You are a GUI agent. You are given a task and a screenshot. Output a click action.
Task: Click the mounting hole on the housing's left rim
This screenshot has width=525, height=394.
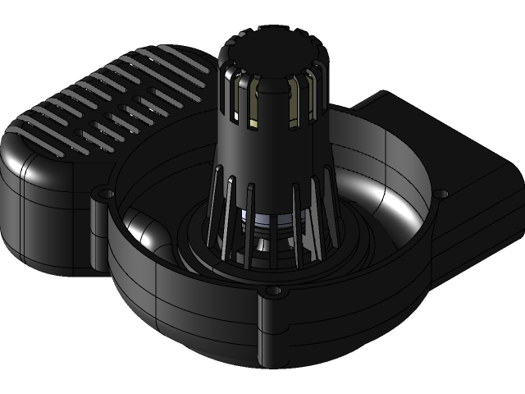103,195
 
